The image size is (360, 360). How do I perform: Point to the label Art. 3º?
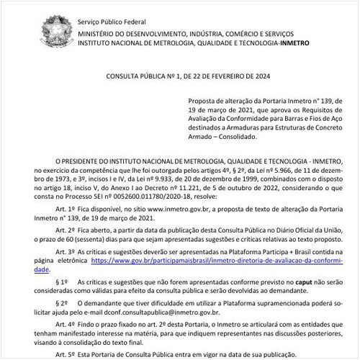[71, 263]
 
